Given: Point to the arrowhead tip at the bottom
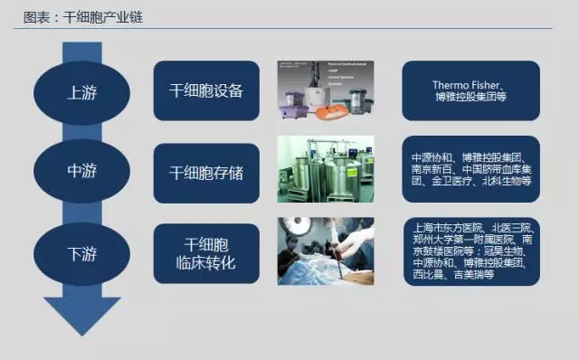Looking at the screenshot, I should click(82, 331).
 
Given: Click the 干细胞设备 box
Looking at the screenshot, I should click(206, 90).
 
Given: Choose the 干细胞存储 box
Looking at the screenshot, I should click(206, 169).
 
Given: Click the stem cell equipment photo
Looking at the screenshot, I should click(326, 90).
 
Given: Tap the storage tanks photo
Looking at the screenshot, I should click(326, 170).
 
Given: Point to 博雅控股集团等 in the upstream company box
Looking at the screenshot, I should click(470, 98).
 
